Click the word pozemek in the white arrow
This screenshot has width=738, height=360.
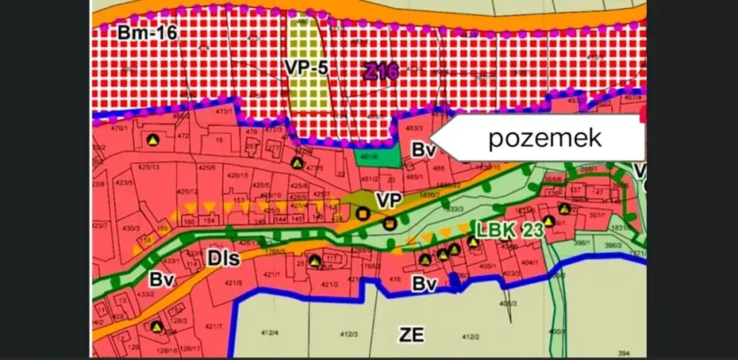(x=546, y=137)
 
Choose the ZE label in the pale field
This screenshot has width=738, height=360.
(x=412, y=334)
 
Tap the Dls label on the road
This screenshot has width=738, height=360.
(x=221, y=258)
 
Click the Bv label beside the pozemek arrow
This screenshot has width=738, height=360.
(x=423, y=150)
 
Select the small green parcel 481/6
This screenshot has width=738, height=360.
(x=371, y=156)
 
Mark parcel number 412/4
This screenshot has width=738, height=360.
(x=267, y=333)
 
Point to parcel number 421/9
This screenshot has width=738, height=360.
(x=234, y=283)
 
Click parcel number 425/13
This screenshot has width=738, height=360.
(x=147, y=167)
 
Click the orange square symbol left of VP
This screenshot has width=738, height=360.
(x=362, y=213)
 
